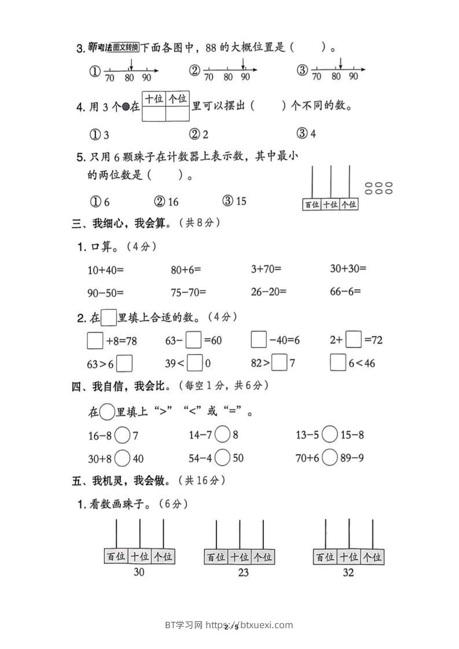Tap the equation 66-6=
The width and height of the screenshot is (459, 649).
345,292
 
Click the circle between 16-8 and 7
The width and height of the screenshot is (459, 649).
122,435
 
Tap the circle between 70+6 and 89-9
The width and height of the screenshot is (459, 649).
329,458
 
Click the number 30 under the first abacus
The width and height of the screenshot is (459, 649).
139,572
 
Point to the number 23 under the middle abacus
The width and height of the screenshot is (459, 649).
243,573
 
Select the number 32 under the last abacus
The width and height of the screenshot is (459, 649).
347,573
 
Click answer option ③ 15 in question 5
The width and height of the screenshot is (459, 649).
234,201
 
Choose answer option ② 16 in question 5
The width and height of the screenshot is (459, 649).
166,201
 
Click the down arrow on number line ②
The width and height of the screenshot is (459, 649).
243,62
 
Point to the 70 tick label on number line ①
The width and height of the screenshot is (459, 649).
109,78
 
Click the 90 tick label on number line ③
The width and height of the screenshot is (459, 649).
354,76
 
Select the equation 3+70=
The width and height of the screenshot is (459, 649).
266,269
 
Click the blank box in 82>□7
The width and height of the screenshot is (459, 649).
280,363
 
